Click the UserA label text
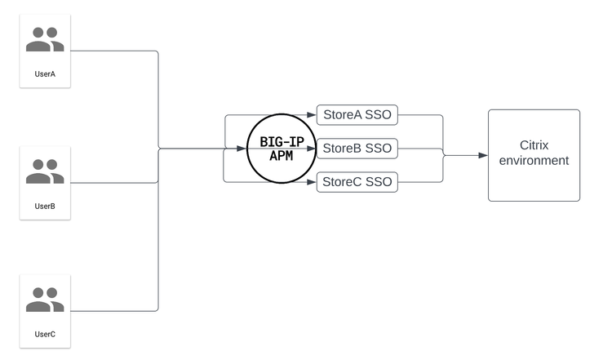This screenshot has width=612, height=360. [x=45, y=74]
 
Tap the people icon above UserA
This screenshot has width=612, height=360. [x=45, y=40]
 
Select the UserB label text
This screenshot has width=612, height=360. [x=45, y=206]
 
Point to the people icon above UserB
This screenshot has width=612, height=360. [x=45, y=171]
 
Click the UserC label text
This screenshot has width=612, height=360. [x=45, y=334]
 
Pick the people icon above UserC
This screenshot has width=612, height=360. [x=45, y=300]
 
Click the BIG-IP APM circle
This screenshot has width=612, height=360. [x=282, y=149]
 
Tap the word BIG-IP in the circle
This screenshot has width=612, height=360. [x=282, y=141]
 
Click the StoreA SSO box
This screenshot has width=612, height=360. [x=357, y=115]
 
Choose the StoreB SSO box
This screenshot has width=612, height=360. [x=357, y=149]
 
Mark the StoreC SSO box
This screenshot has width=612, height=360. [x=357, y=181]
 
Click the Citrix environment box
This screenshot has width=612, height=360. [x=534, y=155]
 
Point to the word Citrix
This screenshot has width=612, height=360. [x=534, y=144]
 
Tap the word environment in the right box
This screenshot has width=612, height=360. [x=534, y=161]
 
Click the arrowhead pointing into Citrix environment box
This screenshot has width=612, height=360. [x=483, y=155]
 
